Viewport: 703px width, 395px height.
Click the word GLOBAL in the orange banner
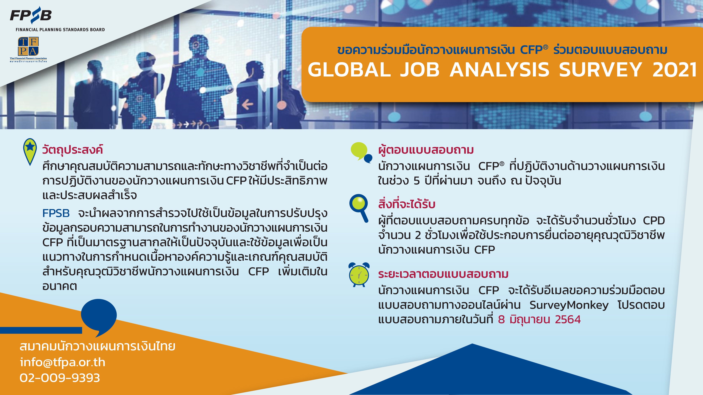tap(349, 70)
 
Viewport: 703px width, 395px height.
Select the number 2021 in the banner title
tap(674, 70)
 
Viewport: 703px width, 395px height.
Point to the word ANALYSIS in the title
tap(499, 70)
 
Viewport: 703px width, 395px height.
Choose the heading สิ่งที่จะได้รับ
tap(407, 204)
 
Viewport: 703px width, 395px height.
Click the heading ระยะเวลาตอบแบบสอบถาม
tap(443, 274)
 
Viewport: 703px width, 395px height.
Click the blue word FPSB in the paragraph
tap(56, 213)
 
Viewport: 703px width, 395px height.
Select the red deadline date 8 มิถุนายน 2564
tap(539, 319)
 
